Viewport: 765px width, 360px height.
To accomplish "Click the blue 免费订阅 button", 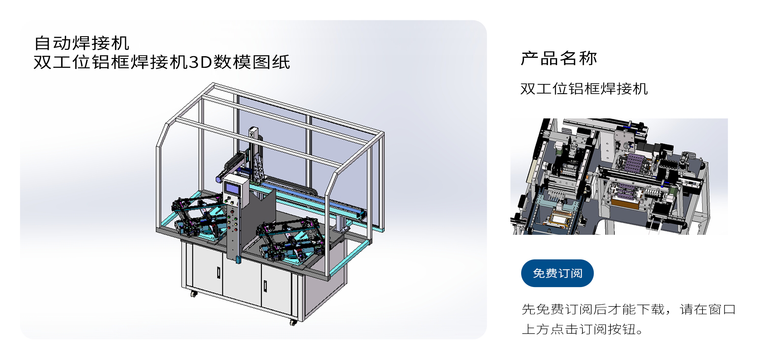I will [557, 273].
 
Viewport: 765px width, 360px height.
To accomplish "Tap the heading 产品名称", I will [559, 59].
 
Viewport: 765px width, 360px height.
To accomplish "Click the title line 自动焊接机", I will [82, 43].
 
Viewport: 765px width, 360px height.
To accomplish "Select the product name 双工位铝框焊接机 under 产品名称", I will [584, 89].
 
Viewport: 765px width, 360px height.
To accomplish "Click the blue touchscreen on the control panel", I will [232, 187].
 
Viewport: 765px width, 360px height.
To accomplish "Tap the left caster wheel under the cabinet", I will [194, 294].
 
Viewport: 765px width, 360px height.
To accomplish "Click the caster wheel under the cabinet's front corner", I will [293, 322].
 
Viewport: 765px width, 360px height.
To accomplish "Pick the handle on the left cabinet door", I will [218, 272].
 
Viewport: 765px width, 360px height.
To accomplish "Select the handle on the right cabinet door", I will [265, 286].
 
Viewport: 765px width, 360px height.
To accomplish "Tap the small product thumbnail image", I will [619, 176].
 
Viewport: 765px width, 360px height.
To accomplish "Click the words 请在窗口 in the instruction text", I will [708, 309].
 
